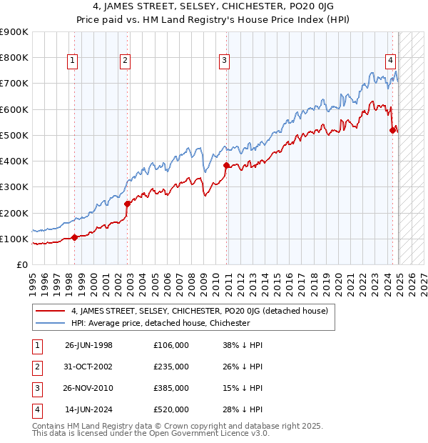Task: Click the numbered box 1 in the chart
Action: tap(73, 61)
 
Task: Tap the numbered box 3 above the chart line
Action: tap(224, 61)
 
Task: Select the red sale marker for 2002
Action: tap(128, 204)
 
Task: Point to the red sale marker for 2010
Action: tap(227, 165)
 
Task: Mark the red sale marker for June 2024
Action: tap(392, 130)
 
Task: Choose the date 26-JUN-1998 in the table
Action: tap(88, 346)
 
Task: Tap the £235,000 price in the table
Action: tap(170, 367)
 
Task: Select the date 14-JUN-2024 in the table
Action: tap(88, 410)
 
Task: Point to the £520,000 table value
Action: tap(170, 410)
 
